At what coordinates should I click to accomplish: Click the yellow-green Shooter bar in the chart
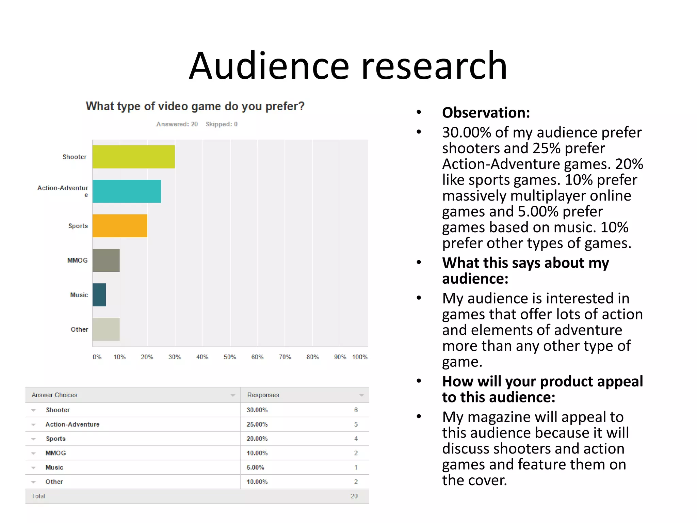pos(133,157)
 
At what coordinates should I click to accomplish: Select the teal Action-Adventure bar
pos(127,191)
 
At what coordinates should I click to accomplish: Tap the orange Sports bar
pos(120,226)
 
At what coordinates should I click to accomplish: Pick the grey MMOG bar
pos(106,260)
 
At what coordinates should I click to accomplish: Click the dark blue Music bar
pos(99,295)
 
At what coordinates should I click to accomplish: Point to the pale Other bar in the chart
pos(106,329)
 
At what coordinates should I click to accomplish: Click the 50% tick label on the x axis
pos(230,357)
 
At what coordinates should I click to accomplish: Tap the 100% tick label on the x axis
pos(360,357)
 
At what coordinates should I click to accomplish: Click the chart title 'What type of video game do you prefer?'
pos(195,106)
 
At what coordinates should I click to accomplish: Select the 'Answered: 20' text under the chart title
pos(177,124)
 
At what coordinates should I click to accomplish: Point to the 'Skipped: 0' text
pos(222,124)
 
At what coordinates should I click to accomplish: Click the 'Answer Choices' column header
pos(54,395)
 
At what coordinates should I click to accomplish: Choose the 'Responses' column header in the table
pos(263,395)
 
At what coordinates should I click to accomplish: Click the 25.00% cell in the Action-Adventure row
pos(257,425)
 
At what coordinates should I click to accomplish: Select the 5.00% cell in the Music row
pos(256,467)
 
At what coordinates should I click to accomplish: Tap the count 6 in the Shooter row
pos(356,410)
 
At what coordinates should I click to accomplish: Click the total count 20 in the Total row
pos(354,496)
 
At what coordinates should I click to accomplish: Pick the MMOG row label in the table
pos(56,453)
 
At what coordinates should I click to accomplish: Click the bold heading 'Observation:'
pos(486,113)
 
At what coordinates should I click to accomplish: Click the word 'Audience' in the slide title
pos(269,66)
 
